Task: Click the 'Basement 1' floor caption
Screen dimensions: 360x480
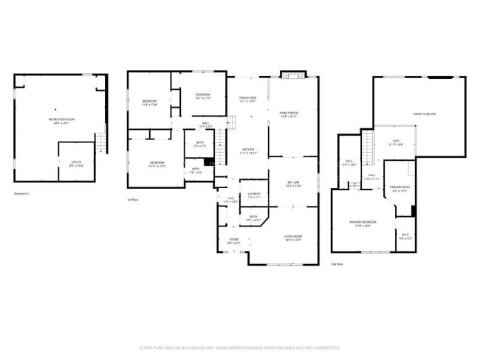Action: [23, 193]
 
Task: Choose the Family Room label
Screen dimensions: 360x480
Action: [288, 114]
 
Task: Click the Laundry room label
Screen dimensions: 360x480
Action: [254, 196]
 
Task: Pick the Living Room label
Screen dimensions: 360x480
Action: [293, 238]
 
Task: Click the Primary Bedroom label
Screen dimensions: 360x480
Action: [363, 223]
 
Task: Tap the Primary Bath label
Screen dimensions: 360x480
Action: [400, 189]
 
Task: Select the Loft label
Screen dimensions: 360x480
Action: [396, 142]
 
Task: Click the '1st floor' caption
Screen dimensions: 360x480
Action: [134, 200]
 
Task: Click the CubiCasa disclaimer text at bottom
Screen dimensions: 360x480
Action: [239, 346]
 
